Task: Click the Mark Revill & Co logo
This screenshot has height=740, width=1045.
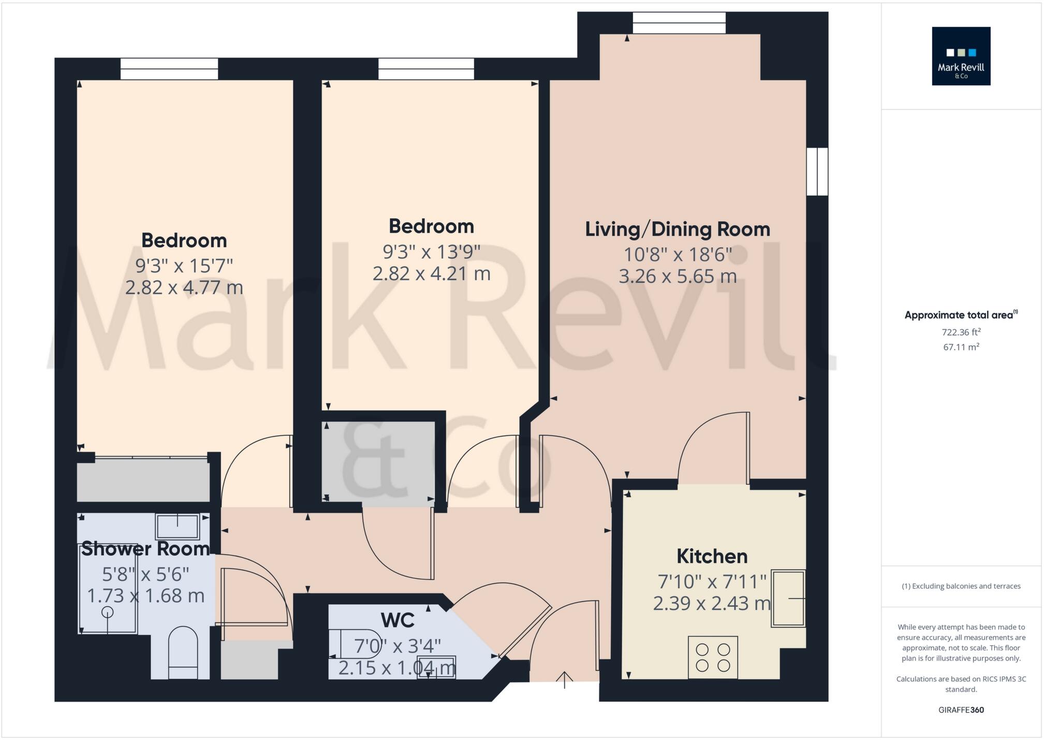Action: [x=961, y=56]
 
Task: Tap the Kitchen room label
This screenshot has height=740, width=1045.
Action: [x=712, y=556]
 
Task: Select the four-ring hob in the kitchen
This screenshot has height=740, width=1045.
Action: [x=712, y=657]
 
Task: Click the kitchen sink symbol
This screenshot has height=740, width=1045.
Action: [x=788, y=598]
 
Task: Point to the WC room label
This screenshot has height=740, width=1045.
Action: [x=397, y=620]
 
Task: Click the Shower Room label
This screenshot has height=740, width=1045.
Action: [x=145, y=549]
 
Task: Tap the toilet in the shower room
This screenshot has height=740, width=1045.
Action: [x=183, y=652]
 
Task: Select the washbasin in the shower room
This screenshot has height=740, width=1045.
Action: [x=178, y=526]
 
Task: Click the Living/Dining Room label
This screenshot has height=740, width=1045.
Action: [x=677, y=229]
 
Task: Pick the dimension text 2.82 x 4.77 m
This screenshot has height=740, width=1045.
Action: [x=184, y=288]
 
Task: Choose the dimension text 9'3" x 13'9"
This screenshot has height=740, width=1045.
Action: [x=431, y=252]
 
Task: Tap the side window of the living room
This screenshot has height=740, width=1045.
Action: [x=817, y=172]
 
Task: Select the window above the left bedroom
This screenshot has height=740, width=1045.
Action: [x=169, y=69]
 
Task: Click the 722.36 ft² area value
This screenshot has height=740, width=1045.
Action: [x=961, y=333]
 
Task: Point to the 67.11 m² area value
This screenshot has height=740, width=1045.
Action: [x=961, y=347]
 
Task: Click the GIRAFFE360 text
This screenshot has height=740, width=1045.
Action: [x=961, y=710]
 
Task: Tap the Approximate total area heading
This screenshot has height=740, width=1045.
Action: [x=960, y=315]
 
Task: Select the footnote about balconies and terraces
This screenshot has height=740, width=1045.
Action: [x=961, y=586]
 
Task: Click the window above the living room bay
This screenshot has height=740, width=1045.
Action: [x=679, y=23]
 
